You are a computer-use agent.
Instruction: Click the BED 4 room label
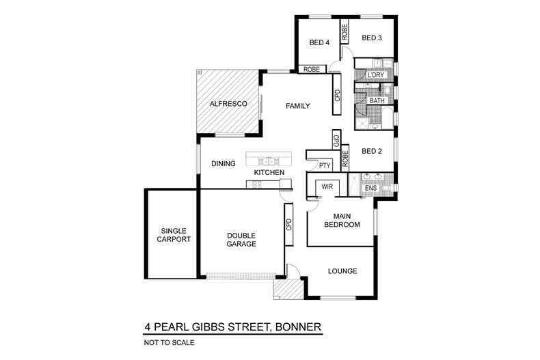319,42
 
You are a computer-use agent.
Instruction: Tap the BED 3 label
371,38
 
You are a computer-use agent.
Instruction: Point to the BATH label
377,101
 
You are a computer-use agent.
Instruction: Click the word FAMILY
298,106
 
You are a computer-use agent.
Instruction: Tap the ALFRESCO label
228,105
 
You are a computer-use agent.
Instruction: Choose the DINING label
224,163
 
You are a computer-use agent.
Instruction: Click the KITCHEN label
269,173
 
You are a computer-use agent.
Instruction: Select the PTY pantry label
324,165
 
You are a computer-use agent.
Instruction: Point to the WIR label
327,186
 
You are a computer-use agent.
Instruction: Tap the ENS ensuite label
370,187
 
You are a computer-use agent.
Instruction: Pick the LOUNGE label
342,271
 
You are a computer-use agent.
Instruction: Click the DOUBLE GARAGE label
241,239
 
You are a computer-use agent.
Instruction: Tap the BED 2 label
370,151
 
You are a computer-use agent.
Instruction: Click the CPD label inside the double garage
289,225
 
